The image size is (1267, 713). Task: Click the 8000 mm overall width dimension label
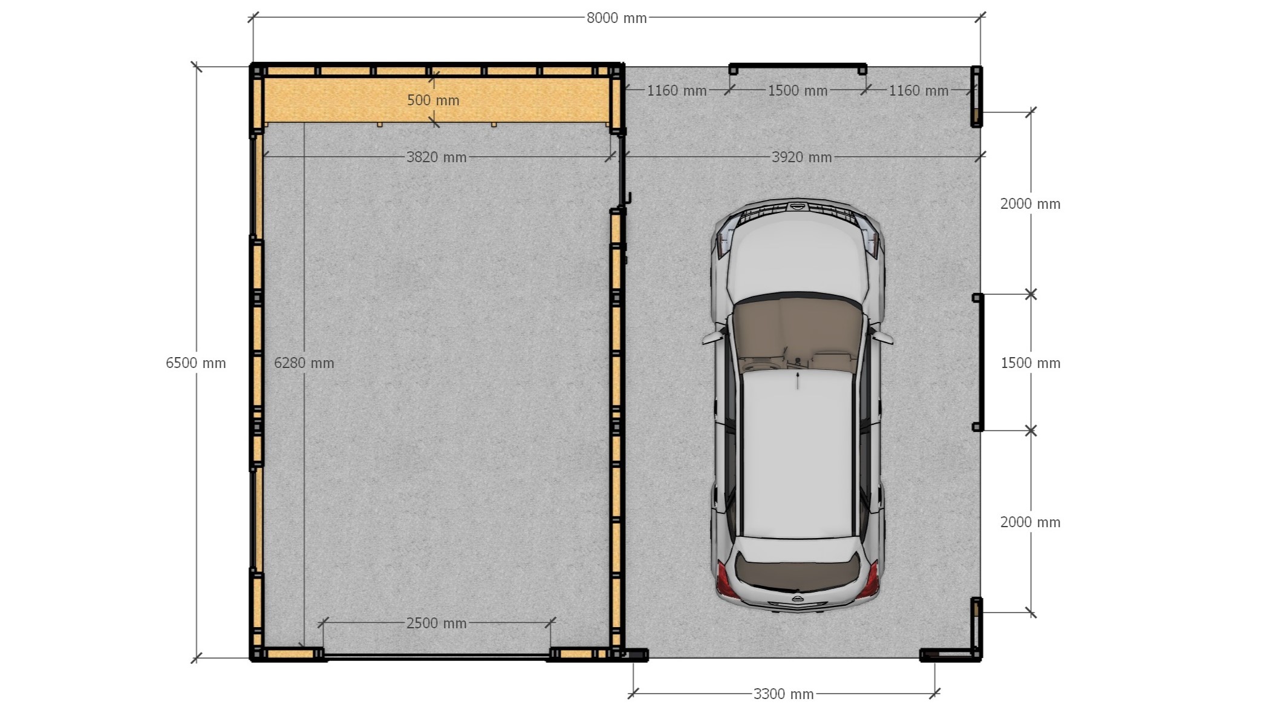(616, 18)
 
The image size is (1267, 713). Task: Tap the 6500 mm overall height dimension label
(196, 363)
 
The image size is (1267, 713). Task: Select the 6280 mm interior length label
(304, 363)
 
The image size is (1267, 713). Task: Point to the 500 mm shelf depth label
(433, 100)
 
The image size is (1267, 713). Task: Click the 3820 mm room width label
(437, 157)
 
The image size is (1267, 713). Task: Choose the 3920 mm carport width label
(802, 157)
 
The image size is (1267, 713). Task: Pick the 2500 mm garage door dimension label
(437, 623)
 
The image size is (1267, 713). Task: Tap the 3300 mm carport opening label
(784, 694)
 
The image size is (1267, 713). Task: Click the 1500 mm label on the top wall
(798, 91)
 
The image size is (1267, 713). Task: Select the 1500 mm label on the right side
(1031, 363)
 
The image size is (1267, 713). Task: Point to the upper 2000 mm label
(1031, 204)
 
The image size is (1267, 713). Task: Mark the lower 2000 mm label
(1031, 522)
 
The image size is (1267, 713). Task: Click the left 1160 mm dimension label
(677, 91)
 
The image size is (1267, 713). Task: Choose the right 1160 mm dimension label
(918, 91)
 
